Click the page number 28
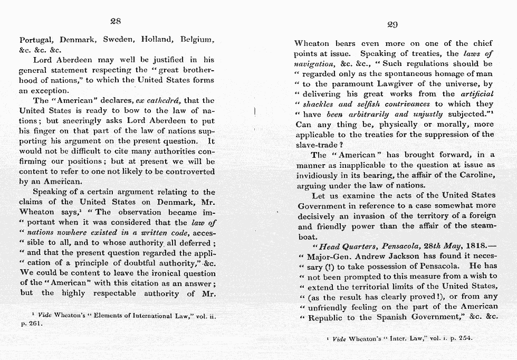coord(116,22)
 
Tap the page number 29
coord(392,24)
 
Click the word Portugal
coord(37,40)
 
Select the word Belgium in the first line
coord(198,40)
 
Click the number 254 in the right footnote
coord(464,337)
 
